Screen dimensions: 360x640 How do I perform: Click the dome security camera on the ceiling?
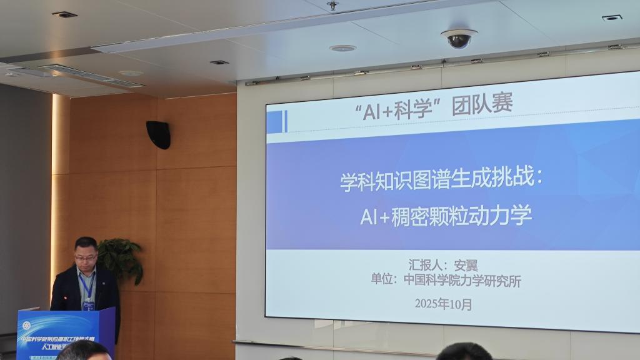(458, 39)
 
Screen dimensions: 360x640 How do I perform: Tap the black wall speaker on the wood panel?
(159, 134)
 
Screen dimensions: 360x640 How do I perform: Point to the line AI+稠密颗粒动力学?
(446, 216)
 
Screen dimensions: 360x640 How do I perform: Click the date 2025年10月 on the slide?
(443, 304)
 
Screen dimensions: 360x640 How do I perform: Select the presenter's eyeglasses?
(86, 256)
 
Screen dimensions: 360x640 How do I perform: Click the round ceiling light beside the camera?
(342, 48)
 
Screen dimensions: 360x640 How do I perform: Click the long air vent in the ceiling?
(91, 75)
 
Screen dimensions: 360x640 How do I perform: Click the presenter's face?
(86, 255)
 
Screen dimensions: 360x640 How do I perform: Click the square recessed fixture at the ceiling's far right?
(612, 17)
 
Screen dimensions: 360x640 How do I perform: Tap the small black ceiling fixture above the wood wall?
(219, 62)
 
